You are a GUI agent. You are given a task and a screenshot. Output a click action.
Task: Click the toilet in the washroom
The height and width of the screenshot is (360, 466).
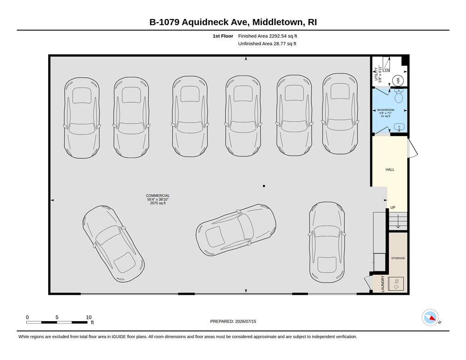click(399, 95)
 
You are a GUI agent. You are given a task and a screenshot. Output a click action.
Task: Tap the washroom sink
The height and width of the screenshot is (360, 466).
click(399, 128)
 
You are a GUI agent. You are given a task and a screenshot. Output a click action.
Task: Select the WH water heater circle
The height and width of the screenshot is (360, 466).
click(398, 81)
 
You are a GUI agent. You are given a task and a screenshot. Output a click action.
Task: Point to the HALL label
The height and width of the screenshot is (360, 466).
click(390, 169)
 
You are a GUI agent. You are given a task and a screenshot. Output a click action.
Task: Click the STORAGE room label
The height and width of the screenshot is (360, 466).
click(398, 258)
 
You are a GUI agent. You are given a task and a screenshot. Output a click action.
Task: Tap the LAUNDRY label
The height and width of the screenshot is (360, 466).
click(383, 284)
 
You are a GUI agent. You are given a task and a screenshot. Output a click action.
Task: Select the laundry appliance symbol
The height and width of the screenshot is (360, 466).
click(396, 284)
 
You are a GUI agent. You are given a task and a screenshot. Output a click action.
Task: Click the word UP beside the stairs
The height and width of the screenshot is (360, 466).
click(393, 207)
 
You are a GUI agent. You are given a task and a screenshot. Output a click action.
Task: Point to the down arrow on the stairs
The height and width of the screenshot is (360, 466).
click(398, 222)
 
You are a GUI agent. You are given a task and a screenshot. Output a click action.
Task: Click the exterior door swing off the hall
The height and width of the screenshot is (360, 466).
click(413, 148)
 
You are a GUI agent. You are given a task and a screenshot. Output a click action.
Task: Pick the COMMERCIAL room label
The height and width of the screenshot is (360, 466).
click(158, 196)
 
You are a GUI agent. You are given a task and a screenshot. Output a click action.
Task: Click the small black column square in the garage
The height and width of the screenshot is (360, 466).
click(264, 186)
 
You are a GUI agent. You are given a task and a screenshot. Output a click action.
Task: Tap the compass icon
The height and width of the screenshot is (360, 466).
click(430, 317)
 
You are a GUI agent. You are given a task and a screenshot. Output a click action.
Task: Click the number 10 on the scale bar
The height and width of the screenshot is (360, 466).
click(89, 317)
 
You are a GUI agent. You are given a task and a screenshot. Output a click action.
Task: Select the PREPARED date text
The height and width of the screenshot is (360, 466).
click(233, 321)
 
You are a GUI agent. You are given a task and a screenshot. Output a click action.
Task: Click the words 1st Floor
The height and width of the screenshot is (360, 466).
click(223, 36)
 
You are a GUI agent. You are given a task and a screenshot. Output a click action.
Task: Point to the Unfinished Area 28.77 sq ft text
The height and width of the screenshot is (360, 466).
click(267, 44)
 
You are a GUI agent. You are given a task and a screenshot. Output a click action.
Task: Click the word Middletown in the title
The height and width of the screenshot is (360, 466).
click(278, 22)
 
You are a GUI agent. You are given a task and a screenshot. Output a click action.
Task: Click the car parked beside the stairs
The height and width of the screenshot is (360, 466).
click(326, 242)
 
